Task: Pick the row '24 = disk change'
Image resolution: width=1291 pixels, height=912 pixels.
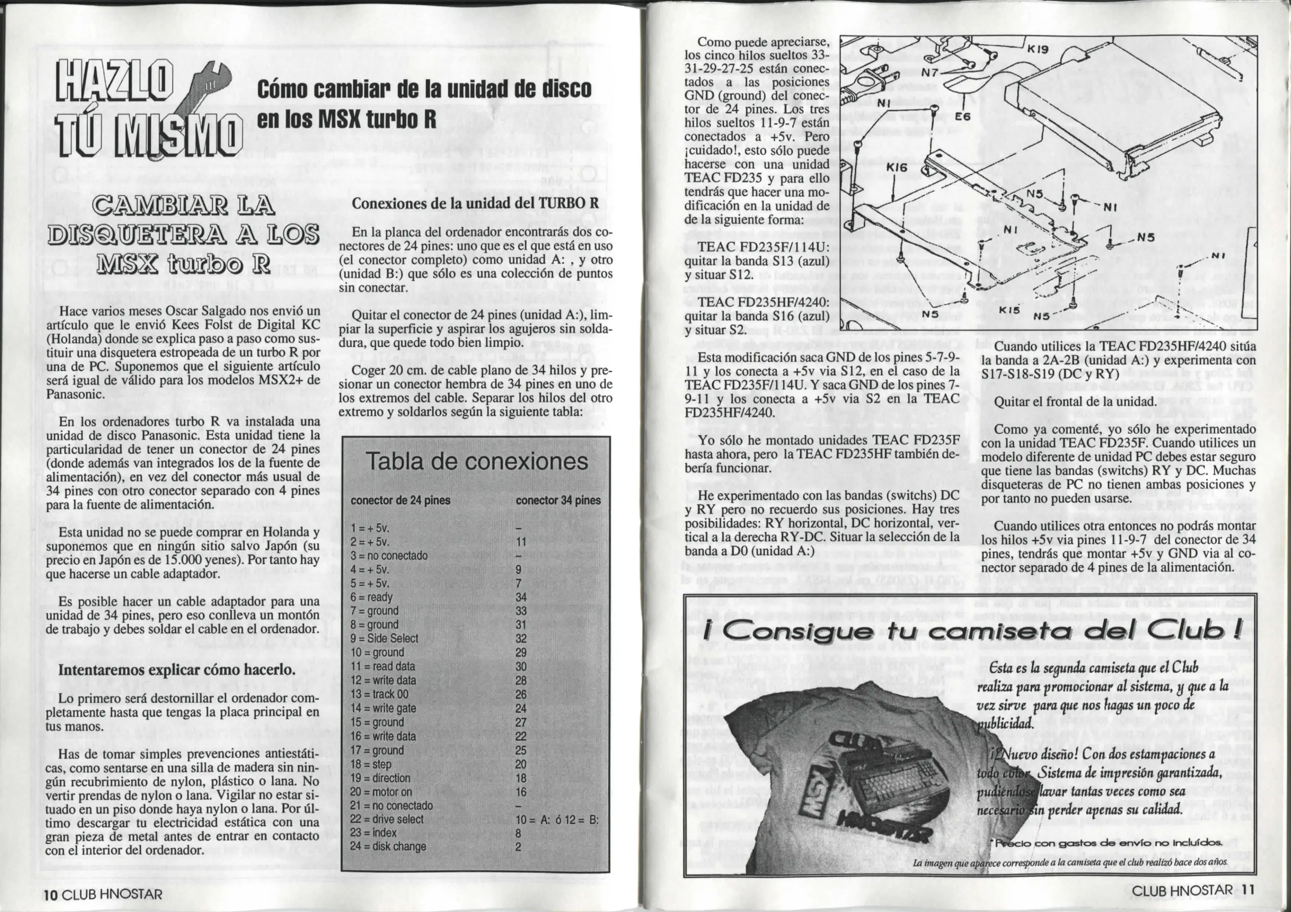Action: pos(388,846)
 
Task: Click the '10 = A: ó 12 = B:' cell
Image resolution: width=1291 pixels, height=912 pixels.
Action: pos(557,819)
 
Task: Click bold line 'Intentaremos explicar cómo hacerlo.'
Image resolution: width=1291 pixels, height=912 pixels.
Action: pos(177,670)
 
